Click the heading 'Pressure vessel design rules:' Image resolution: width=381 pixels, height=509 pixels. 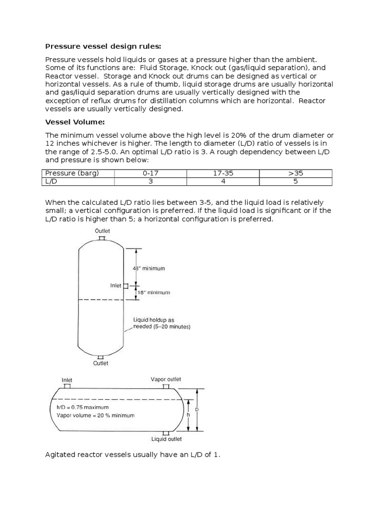103,47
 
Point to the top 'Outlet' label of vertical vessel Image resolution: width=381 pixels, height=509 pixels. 102,231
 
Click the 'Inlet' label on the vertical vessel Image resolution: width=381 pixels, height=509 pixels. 116,285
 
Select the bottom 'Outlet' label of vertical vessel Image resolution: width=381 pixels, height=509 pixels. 101,363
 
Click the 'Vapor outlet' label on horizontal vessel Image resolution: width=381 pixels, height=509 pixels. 166,379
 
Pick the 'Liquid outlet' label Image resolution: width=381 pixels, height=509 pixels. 166,439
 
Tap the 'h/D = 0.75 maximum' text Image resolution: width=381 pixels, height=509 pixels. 82,407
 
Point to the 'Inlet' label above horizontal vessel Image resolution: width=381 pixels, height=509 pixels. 67,380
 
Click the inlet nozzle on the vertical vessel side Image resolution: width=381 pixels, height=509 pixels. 126,286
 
